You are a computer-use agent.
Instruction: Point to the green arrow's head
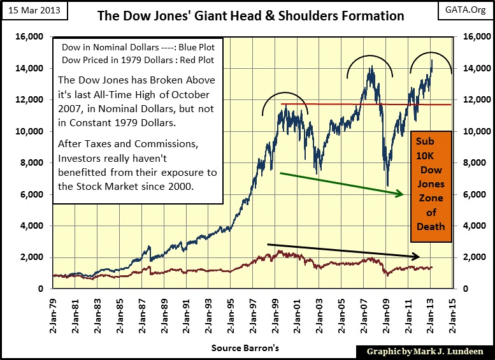tap(401, 194)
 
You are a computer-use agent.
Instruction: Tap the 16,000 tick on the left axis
tap(27, 36)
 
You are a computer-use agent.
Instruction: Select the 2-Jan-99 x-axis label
tap(275, 317)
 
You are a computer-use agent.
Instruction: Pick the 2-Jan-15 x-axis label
tap(454, 317)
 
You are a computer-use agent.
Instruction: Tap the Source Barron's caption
tap(245, 349)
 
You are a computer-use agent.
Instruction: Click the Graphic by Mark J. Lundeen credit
tap(423, 351)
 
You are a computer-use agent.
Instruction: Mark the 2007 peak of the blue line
tap(370, 66)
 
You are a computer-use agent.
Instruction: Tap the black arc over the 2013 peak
tap(431, 53)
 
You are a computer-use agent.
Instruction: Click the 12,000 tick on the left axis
tap(27, 100)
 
